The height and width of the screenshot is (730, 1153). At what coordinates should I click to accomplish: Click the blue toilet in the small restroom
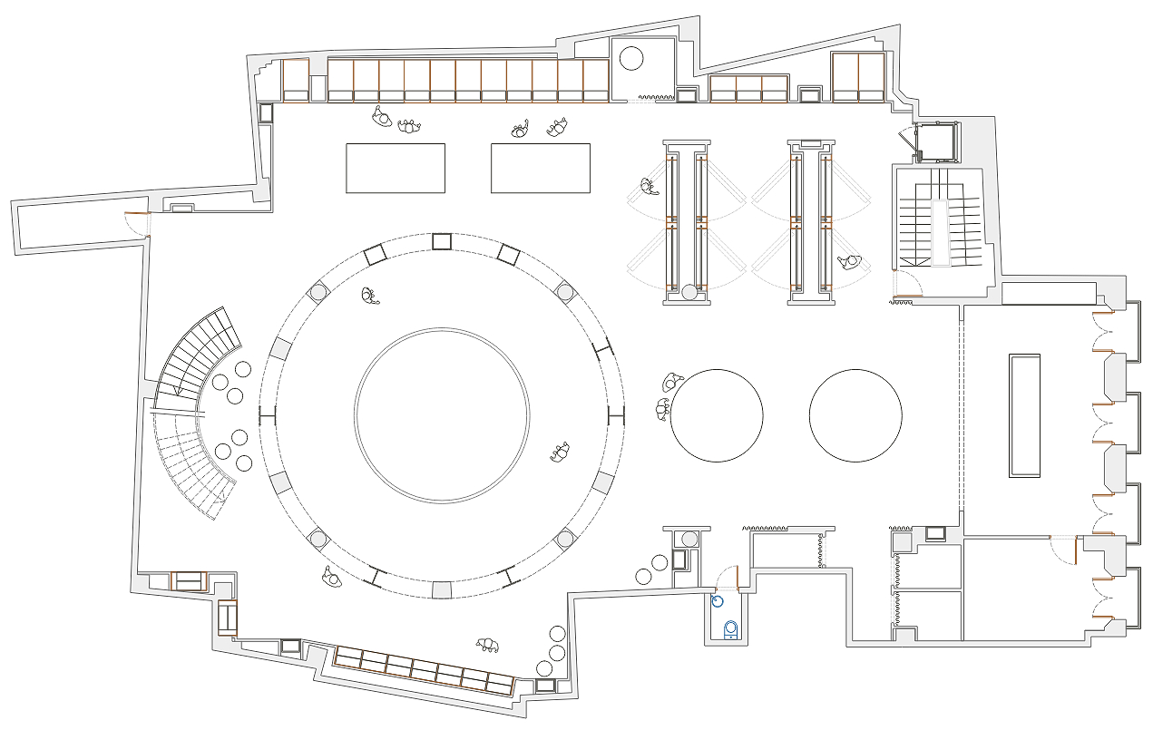(731, 628)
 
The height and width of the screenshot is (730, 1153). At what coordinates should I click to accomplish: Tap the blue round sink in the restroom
(718, 600)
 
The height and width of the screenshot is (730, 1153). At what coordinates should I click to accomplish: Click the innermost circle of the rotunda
(442, 414)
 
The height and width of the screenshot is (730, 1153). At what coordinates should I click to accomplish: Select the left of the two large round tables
(717, 415)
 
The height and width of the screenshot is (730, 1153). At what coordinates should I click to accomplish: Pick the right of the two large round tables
(855, 415)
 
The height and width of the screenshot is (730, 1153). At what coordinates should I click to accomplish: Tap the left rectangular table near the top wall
(396, 168)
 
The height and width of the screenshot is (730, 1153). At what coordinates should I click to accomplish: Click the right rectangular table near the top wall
(541, 168)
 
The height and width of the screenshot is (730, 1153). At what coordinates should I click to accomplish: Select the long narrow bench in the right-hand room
(1024, 415)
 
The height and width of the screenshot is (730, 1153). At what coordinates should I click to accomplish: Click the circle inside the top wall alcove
(630, 59)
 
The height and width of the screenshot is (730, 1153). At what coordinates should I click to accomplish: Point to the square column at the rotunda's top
(442, 240)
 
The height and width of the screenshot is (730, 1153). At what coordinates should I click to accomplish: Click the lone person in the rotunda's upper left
(368, 296)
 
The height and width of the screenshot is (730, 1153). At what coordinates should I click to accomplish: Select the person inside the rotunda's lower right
(561, 452)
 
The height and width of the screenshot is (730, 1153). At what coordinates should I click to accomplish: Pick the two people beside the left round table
(667, 396)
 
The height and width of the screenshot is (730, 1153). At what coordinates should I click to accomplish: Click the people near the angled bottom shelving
(488, 645)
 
